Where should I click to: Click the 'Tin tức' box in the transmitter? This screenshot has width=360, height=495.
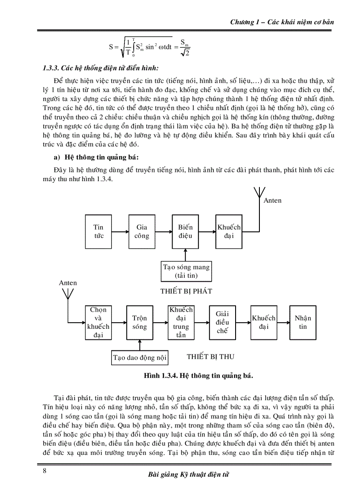pyautogui.click(x=98, y=232)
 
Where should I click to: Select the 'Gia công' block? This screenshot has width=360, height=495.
pyautogui.click(x=142, y=232)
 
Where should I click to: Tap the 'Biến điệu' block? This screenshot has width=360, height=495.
pyautogui.click(x=185, y=232)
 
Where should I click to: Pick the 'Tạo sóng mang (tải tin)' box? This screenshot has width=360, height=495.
pyautogui.click(x=186, y=271)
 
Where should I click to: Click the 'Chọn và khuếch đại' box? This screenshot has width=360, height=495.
pyautogui.click(x=98, y=323)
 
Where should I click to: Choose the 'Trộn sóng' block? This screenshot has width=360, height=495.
pyautogui.click(x=139, y=323)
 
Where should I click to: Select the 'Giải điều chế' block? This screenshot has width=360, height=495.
pyautogui.click(x=222, y=323)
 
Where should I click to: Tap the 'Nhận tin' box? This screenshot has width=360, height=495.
pyautogui.click(x=303, y=323)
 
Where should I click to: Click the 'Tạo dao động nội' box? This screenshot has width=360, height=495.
pyautogui.click(x=139, y=358)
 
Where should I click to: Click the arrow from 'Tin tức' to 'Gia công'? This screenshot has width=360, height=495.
pyautogui.click(x=120, y=232)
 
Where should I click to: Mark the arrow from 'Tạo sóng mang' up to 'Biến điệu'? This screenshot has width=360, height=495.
pyautogui.click(x=186, y=254)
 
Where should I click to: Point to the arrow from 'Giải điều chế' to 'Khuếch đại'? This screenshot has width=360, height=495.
pyautogui.click(x=243, y=323)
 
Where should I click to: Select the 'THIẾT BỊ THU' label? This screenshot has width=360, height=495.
pyautogui.click(x=208, y=355)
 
